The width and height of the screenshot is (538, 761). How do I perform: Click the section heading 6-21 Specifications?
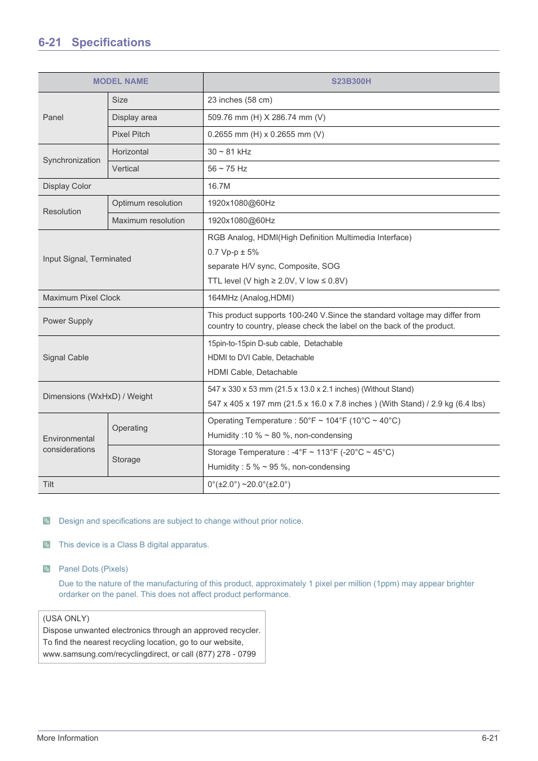[95, 42]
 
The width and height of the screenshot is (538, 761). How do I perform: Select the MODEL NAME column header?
[121, 81]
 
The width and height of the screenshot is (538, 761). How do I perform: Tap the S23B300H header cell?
[351, 81]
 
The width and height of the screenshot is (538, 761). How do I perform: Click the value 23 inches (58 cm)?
[240, 100]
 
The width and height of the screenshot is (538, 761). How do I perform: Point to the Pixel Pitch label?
[131, 134]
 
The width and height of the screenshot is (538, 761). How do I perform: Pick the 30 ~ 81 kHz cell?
[229, 152]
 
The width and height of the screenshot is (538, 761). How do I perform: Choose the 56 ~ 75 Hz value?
[227, 169]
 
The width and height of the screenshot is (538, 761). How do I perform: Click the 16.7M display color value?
[219, 186]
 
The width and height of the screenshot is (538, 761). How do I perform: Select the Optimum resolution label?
[147, 203]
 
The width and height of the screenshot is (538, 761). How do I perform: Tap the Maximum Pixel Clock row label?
[82, 298]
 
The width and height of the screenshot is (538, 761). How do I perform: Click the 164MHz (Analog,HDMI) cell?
[250, 298]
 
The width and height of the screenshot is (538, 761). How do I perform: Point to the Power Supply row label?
[68, 321]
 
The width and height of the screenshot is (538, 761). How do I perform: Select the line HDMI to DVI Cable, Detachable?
[261, 357]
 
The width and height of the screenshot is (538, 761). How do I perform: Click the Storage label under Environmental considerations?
[126, 459]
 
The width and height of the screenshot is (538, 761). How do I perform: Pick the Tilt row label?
[48, 484]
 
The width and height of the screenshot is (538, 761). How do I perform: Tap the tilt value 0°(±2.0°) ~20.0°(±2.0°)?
[249, 484]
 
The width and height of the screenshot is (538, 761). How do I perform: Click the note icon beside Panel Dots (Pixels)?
[47, 568]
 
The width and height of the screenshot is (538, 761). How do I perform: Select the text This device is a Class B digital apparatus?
[134, 545]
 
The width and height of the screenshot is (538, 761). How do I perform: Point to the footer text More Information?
[68, 738]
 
